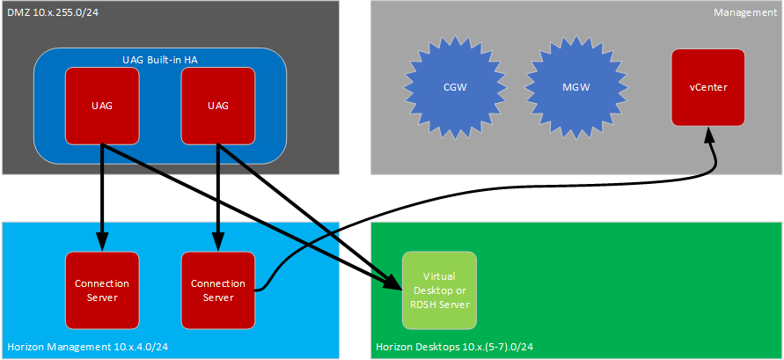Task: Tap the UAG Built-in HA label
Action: tap(160, 60)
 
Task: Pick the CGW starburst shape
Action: tap(456, 88)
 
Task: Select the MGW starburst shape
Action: tap(575, 88)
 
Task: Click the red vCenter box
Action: tap(707, 87)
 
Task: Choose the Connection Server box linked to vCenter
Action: tap(218, 290)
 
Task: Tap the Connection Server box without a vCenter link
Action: tap(102, 290)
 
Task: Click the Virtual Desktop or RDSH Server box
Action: tap(439, 290)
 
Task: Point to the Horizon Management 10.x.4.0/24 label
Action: tap(87, 348)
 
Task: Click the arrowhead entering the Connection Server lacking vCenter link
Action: tap(102, 243)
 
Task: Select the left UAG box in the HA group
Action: tap(102, 106)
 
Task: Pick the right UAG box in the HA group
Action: tap(217, 106)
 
